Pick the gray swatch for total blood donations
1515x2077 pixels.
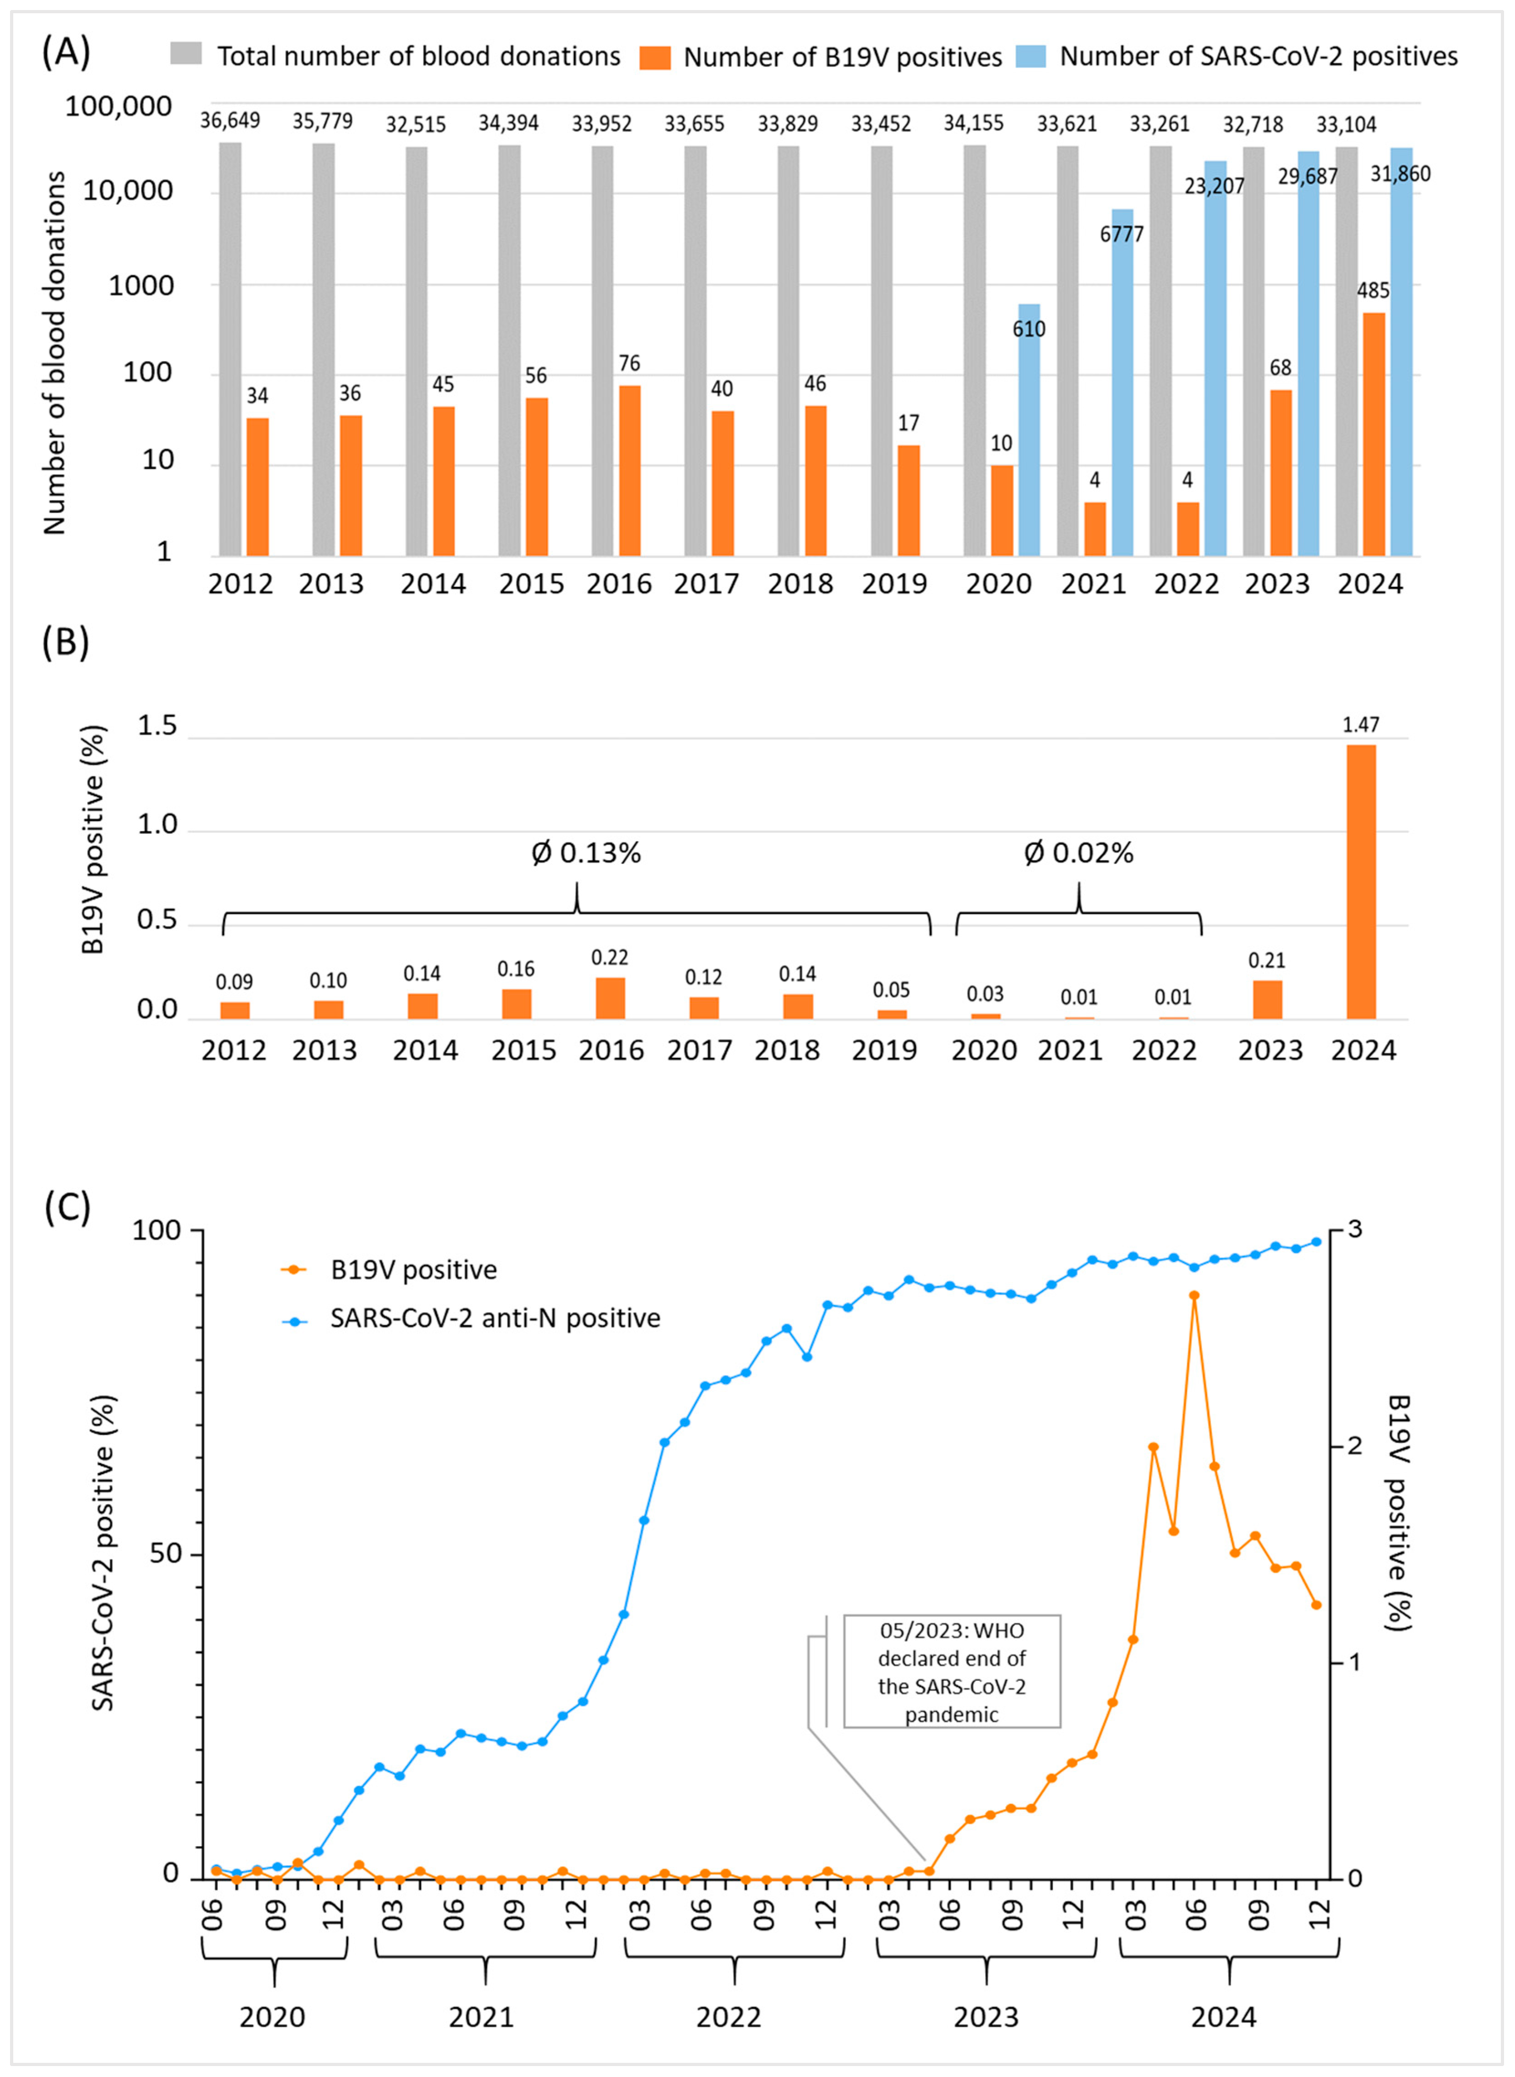click(186, 56)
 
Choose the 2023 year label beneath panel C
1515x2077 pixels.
click(986, 2018)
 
